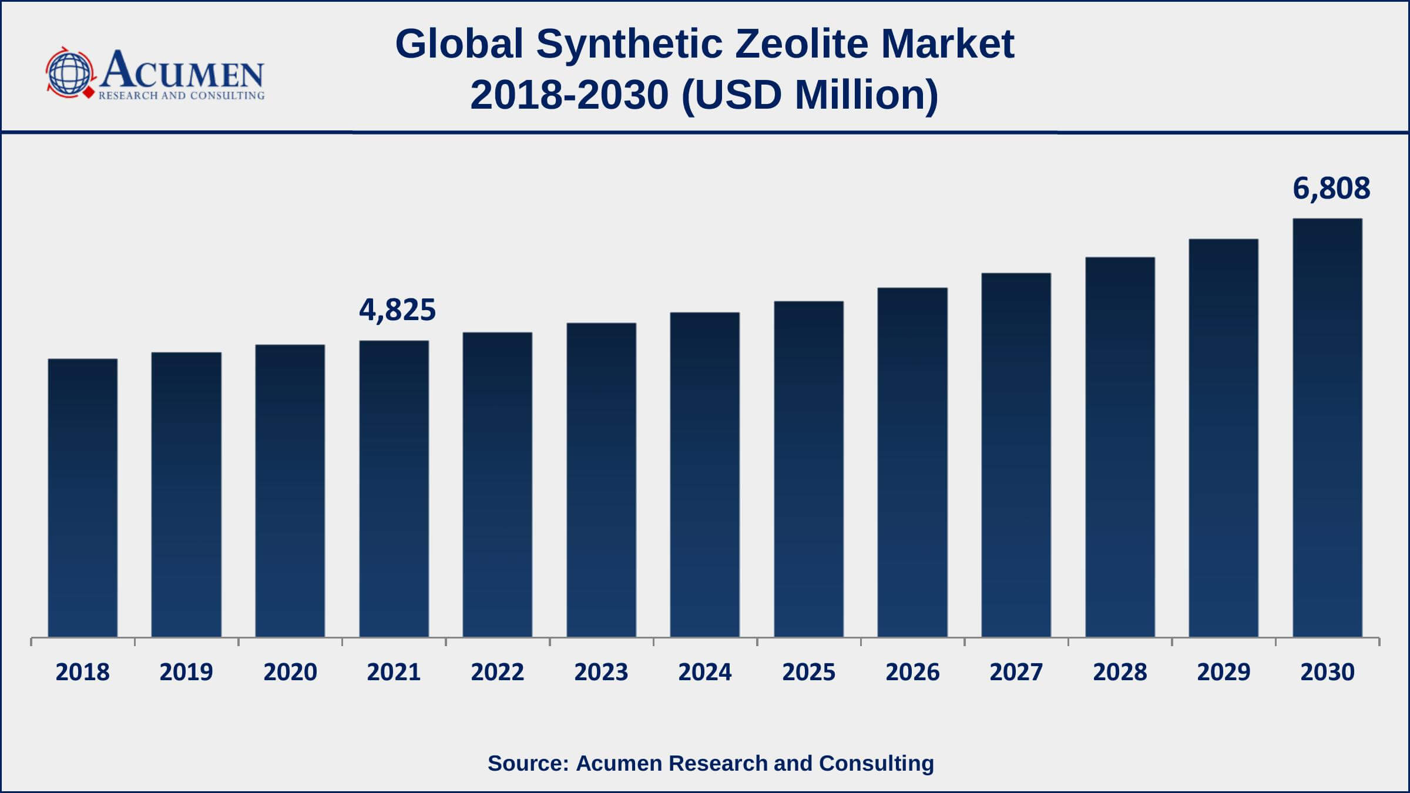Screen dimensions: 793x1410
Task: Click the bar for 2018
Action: [82, 498]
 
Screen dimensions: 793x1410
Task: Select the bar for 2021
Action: [394, 489]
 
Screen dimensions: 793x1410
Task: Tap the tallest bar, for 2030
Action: [1327, 428]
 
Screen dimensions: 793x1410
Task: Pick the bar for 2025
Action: [808, 469]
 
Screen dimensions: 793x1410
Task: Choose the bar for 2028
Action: [1120, 447]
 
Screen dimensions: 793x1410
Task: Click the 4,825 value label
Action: [397, 310]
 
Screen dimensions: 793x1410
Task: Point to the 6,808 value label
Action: [1331, 189]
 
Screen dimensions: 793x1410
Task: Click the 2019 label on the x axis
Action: [186, 672]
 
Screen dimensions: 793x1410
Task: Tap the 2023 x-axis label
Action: [601, 672]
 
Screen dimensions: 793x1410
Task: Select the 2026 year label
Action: [912, 672]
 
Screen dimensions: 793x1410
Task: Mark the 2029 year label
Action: [1224, 672]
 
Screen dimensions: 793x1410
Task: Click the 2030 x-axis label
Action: [1327, 672]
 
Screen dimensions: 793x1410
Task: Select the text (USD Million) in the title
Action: [810, 95]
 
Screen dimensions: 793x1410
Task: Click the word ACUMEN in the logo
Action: [182, 70]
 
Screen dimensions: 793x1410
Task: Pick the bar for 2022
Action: [498, 485]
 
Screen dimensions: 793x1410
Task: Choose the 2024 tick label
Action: [705, 672]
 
